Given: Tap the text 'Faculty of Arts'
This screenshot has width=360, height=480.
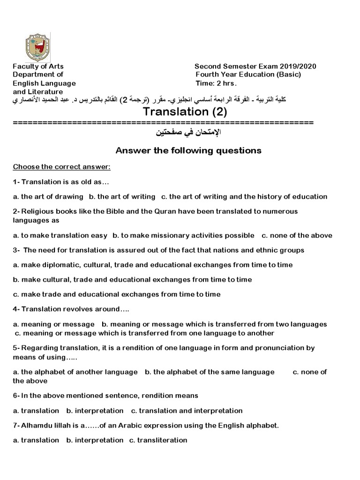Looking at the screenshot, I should [x=38, y=66].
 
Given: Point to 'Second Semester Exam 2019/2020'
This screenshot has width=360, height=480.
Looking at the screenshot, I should [x=255, y=66].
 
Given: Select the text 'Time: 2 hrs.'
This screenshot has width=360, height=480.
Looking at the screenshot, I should [x=216, y=83].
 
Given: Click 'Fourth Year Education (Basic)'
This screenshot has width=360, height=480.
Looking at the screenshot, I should [x=248, y=75].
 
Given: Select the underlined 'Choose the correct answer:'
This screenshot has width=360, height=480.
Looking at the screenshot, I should [x=61, y=167].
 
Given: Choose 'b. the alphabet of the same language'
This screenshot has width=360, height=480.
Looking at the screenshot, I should [x=210, y=372].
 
